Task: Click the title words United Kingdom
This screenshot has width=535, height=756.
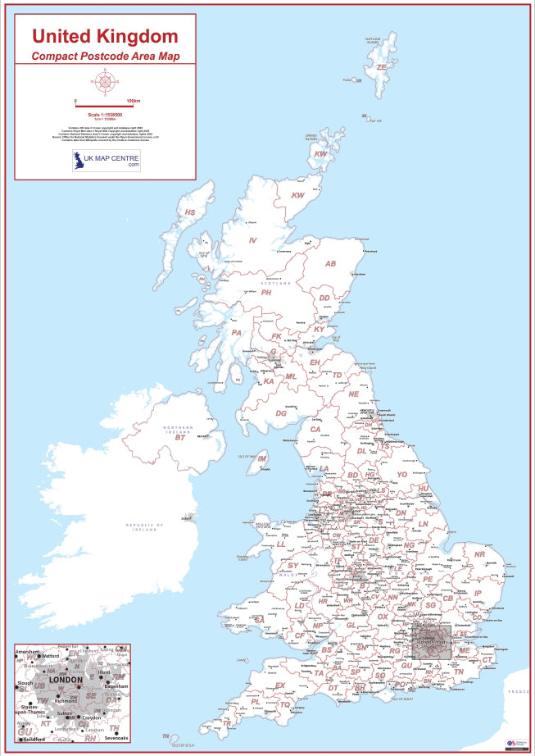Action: coord(104,36)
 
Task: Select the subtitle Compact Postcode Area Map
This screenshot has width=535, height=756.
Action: coord(105,57)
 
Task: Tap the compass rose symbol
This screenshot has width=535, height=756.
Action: coord(105,81)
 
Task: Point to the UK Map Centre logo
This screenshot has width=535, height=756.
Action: coord(106,160)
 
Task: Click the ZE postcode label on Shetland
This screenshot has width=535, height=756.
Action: coord(381,68)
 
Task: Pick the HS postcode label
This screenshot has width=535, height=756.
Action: coord(190,213)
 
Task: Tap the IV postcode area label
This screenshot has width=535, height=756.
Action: coord(253,240)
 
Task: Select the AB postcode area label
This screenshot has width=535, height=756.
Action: coord(331,264)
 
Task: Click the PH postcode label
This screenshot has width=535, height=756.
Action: coord(266,293)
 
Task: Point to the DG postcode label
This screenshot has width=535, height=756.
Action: coord(281,413)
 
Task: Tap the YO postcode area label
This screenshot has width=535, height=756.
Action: coord(401,475)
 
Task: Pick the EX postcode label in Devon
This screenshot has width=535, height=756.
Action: coord(280,685)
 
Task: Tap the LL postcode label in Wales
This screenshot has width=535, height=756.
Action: coord(281,544)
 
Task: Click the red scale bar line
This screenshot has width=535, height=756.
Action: coord(105,105)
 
